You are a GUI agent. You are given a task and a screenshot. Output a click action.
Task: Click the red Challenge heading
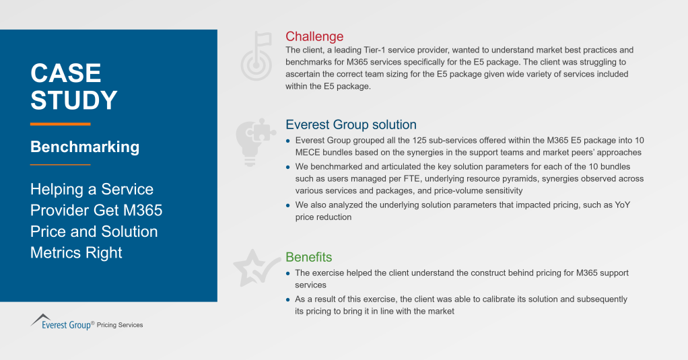[314, 37]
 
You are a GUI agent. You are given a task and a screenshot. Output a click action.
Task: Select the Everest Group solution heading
[351, 125]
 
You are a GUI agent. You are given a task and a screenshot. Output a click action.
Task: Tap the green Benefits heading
[308, 258]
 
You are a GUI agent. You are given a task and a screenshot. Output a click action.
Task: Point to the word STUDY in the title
[74, 100]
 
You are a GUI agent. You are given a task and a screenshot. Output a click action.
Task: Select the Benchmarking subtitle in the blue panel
[85, 147]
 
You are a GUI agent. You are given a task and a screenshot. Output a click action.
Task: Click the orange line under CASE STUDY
[60, 124]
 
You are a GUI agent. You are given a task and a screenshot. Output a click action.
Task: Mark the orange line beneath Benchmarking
[60, 164]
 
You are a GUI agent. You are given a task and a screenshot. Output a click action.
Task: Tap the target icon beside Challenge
[256, 53]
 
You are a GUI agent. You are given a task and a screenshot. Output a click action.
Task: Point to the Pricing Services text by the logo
[120, 325]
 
